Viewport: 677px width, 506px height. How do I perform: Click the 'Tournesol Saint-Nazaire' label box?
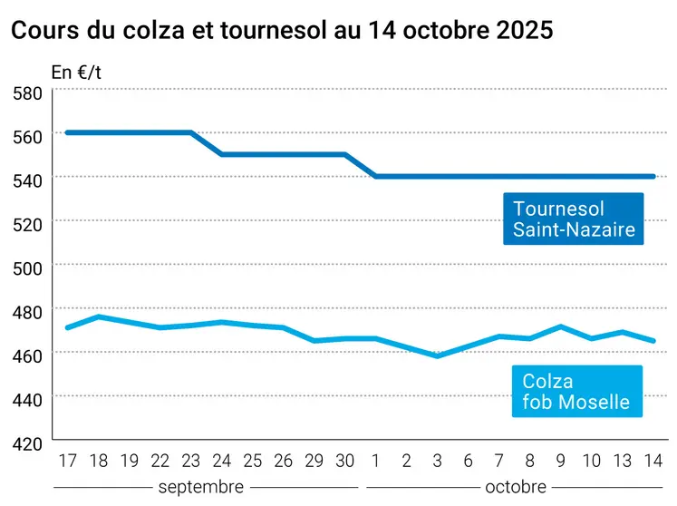click(574, 219)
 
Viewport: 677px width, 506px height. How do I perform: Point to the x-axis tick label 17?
click(67, 462)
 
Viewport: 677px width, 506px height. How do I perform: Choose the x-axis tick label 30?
click(345, 462)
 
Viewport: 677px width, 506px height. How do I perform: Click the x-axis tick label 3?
click(438, 462)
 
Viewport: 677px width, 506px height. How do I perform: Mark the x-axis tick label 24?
click(221, 462)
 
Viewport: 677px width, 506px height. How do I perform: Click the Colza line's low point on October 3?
click(438, 356)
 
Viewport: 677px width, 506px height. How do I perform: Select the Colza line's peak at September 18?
click(98, 316)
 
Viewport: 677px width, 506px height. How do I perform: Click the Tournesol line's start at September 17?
click(67, 132)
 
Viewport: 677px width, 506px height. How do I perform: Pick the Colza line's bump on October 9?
click(561, 326)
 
